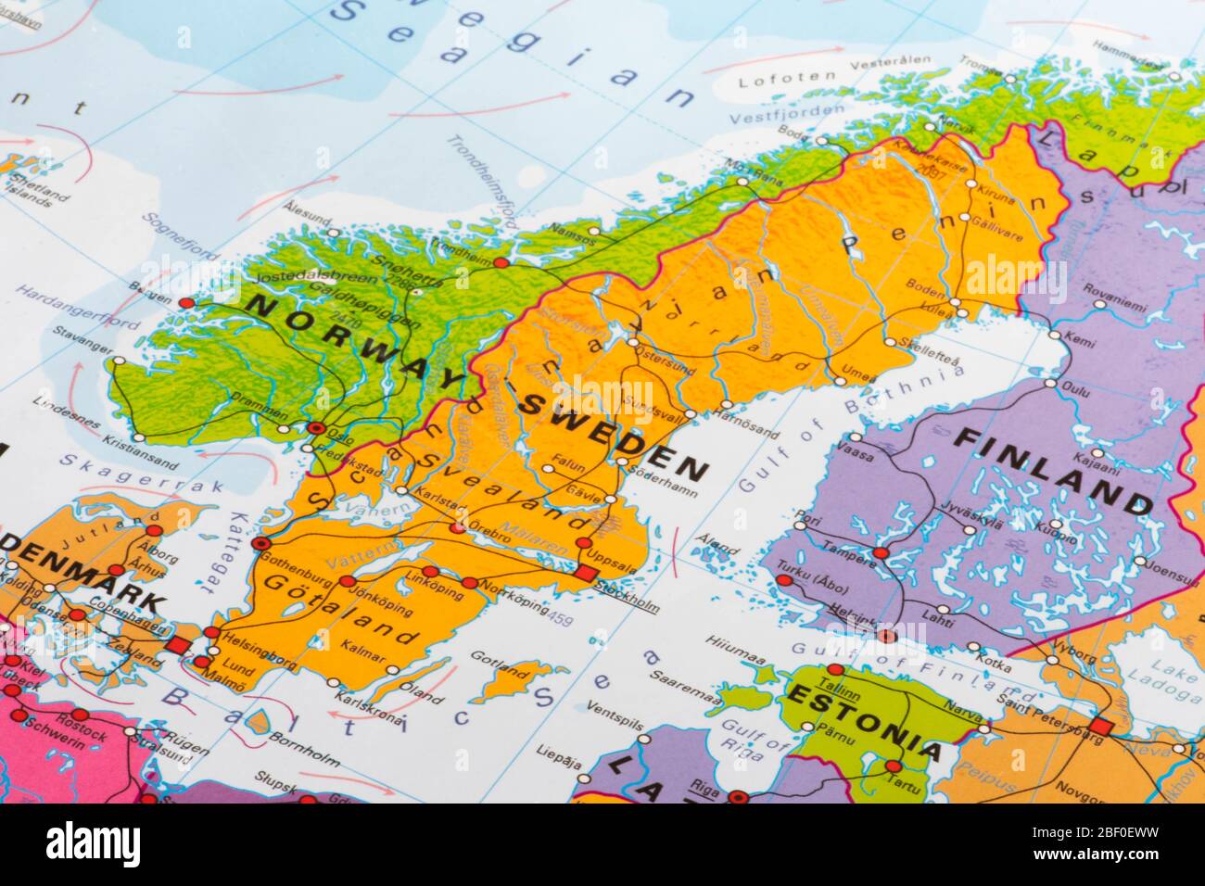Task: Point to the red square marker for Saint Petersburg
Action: tap(1101, 725)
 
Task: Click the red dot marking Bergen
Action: tap(186, 303)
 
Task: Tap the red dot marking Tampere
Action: tap(881, 552)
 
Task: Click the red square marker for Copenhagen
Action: tap(178, 645)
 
